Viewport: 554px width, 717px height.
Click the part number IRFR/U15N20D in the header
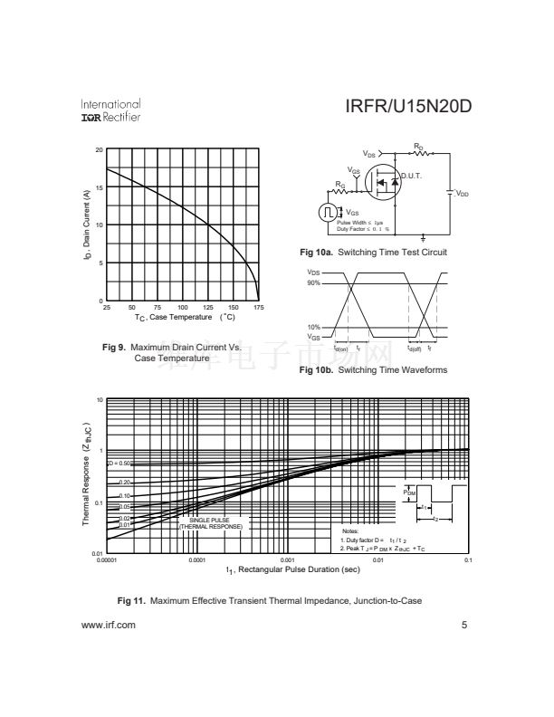408,109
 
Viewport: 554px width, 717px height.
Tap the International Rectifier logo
110,110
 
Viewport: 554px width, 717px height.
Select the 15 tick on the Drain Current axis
99,187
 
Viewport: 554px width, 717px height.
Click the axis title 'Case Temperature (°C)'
185,318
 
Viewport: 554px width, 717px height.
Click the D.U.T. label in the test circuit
412,176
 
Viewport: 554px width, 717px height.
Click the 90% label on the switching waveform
313,283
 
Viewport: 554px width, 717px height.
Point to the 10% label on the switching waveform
313,327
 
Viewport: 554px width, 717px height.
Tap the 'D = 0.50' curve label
119,463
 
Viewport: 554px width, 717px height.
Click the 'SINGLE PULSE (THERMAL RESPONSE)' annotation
209,523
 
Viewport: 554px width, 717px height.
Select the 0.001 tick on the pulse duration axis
287,561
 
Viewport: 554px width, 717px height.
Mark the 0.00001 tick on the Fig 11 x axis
107,561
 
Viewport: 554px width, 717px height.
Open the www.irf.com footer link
109,625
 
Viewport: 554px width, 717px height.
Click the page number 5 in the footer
463,625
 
